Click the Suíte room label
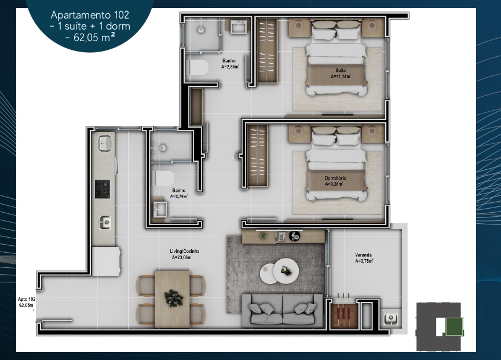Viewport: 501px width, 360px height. (x=341, y=70)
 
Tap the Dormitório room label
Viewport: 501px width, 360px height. (x=335, y=178)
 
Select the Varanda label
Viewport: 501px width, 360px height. (x=363, y=255)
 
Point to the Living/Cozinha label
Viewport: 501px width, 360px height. (x=185, y=251)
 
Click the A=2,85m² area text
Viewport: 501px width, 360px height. (x=230, y=67)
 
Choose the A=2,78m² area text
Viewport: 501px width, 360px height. (x=179, y=197)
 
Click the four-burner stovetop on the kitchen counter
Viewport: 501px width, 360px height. (x=103, y=189)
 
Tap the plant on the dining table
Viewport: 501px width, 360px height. (x=174, y=298)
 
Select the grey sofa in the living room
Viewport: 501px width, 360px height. (x=282, y=310)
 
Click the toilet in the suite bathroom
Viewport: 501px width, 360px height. (x=199, y=67)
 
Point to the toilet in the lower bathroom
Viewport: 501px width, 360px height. (x=164, y=179)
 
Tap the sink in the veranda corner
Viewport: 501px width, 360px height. (x=390, y=319)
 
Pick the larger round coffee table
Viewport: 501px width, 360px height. (x=286, y=271)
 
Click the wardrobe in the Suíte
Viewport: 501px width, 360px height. (x=268, y=50)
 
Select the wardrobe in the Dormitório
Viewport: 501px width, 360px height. (x=258, y=155)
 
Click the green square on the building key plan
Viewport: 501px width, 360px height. (x=454, y=327)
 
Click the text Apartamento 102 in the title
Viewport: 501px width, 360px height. (x=90, y=15)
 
